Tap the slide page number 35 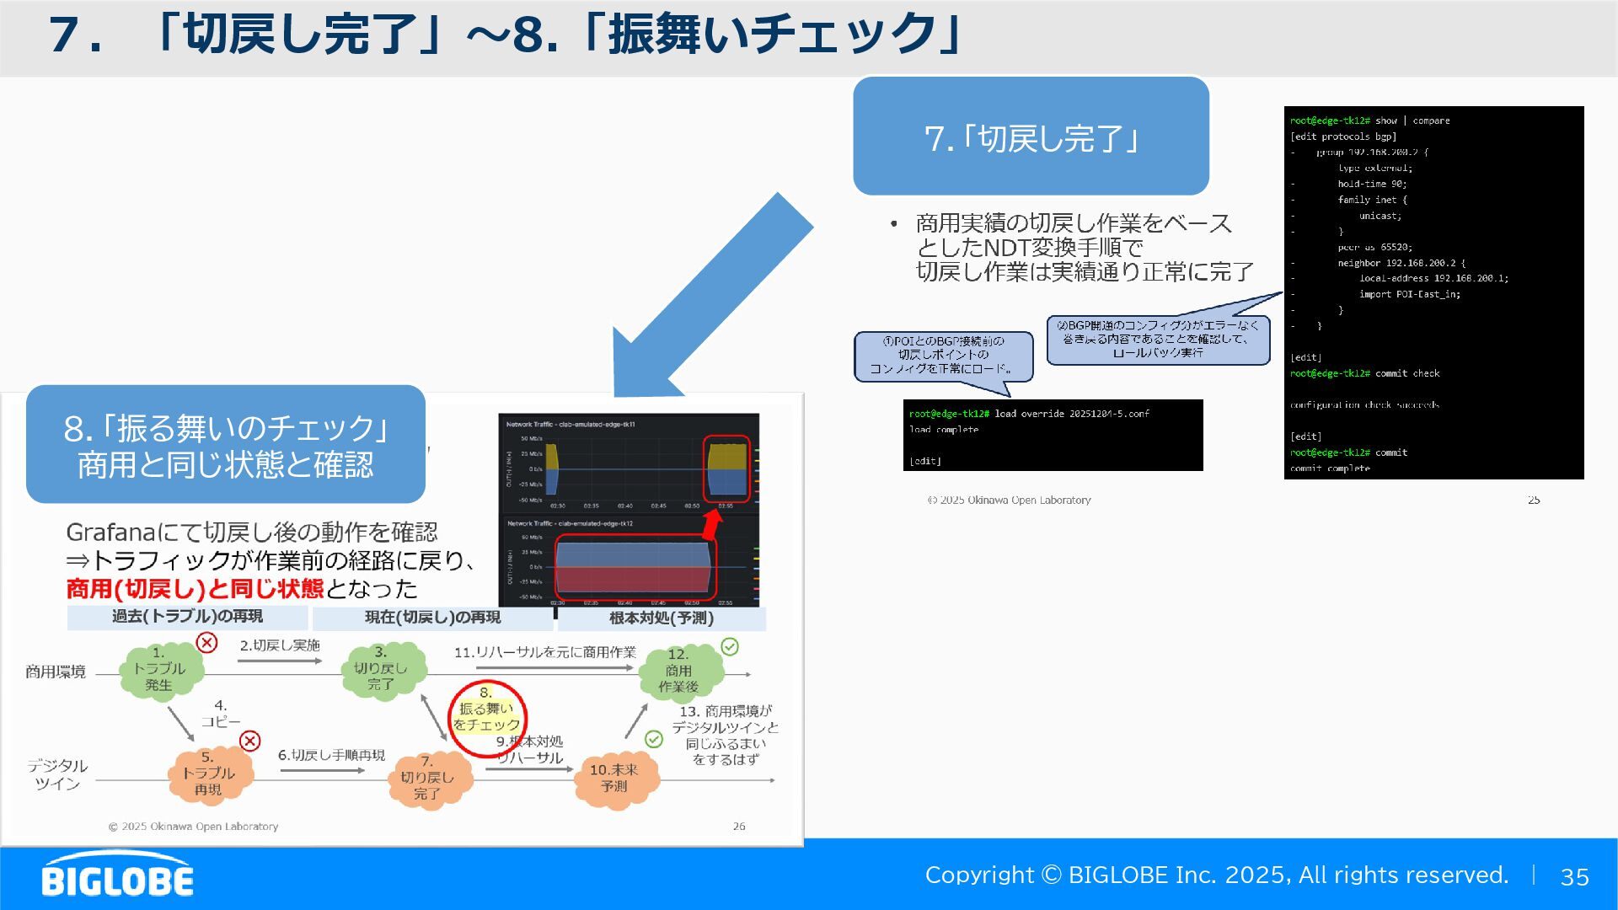click(1574, 877)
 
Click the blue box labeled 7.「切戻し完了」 click(1031, 136)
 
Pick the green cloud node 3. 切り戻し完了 click(381, 669)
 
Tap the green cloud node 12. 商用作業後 click(678, 671)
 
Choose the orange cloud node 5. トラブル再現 click(208, 774)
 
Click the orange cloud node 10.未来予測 click(613, 778)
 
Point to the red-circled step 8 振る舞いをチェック click(487, 717)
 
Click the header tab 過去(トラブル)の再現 click(187, 618)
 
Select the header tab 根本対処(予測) click(662, 618)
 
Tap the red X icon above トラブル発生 click(207, 643)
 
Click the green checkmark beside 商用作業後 click(730, 646)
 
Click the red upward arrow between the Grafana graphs click(713, 523)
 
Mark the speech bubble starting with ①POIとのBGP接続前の click(943, 356)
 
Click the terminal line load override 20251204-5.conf click(1071, 414)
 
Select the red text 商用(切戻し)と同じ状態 click(195, 589)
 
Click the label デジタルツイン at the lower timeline click(57, 774)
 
